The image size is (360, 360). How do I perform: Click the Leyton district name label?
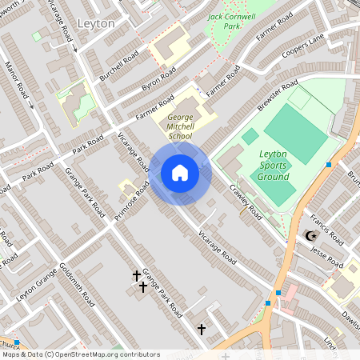coord(95,23)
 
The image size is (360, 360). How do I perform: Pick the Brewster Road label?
coord(278,95)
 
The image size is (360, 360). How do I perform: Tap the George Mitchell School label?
coord(180,126)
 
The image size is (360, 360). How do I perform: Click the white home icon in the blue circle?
coord(180,173)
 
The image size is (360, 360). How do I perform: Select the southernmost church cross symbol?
coord(202,329)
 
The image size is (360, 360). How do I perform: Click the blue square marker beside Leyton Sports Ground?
coord(329,165)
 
